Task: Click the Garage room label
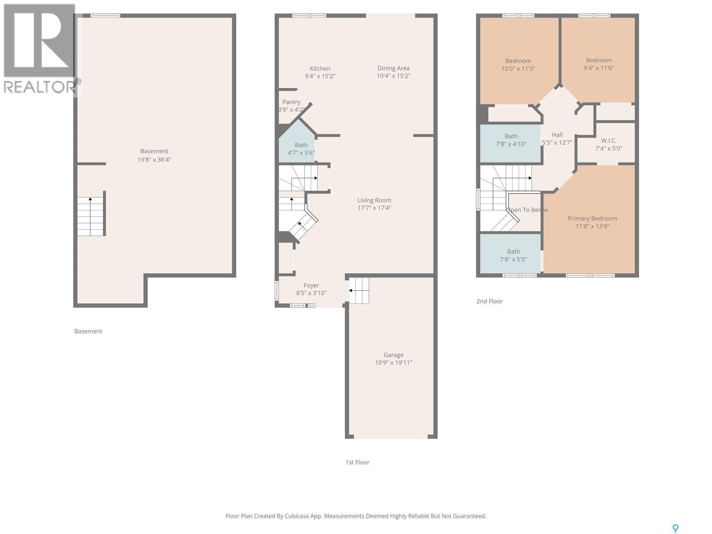click(x=393, y=355)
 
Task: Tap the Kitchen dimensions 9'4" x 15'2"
click(x=320, y=76)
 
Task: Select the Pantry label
click(x=291, y=102)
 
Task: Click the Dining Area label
click(x=393, y=68)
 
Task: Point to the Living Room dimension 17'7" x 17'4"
click(x=374, y=208)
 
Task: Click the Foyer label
click(x=311, y=285)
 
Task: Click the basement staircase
click(x=91, y=217)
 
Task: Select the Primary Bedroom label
click(x=592, y=218)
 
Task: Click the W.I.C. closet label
click(x=608, y=141)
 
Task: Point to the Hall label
click(x=557, y=135)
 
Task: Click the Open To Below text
click(x=527, y=210)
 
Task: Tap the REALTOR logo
click(x=40, y=49)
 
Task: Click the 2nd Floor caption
click(x=489, y=301)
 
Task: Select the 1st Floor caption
click(x=357, y=462)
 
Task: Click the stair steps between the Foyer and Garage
click(x=359, y=291)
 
